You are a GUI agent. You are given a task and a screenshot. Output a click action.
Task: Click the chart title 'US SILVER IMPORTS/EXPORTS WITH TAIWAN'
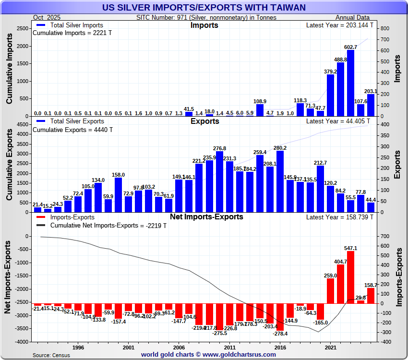click(x=204, y=7)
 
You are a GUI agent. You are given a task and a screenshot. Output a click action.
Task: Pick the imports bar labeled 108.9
click(x=260, y=110)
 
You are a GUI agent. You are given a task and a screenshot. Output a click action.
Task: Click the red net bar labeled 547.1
click(x=351, y=277)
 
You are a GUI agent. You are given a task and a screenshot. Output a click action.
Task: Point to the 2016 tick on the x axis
click(x=280, y=347)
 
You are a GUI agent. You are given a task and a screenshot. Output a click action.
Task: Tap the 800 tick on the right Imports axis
click(x=385, y=29)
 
